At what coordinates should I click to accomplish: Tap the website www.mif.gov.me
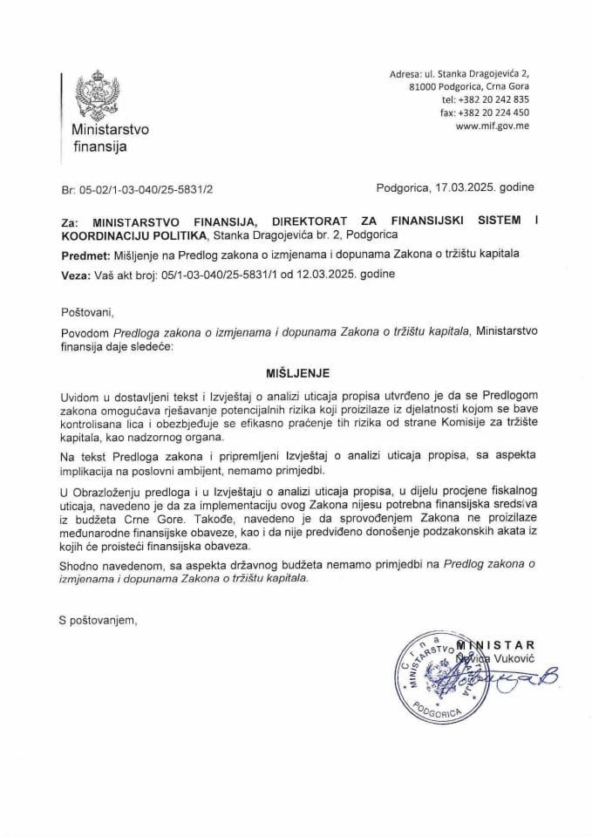pos(493,126)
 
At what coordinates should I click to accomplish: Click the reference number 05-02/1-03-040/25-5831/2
pos(147,187)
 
